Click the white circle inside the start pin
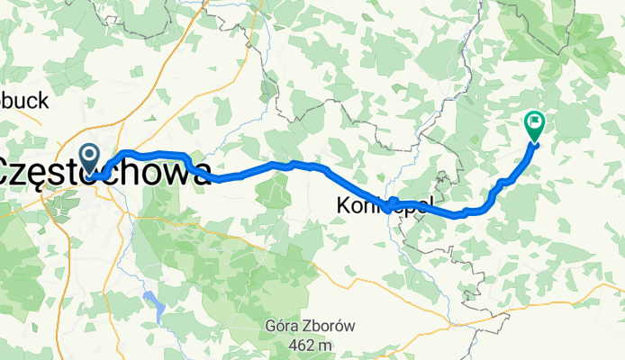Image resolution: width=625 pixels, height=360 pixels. pyautogui.click(x=90, y=155)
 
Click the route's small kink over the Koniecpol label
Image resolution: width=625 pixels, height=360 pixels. pyautogui.click(x=393, y=201)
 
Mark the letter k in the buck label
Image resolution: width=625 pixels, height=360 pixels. pyautogui.click(x=42, y=102)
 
